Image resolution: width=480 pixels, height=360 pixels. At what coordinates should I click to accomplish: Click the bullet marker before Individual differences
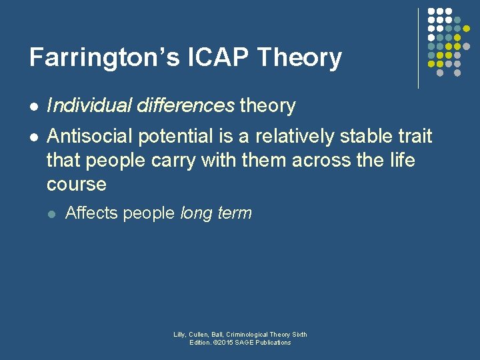[x=33, y=106]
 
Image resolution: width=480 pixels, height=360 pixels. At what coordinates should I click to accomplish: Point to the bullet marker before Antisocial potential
[x=33, y=137]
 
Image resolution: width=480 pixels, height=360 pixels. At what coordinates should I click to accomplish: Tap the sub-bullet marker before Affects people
[x=53, y=214]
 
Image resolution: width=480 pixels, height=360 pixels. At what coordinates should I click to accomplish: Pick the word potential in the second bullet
[x=175, y=137]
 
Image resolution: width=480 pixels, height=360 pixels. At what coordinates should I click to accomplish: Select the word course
[x=77, y=184]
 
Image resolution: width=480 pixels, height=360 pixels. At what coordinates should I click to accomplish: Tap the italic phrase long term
[x=216, y=213]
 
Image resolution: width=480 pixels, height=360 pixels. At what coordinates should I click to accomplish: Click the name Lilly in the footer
[x=179, y=335]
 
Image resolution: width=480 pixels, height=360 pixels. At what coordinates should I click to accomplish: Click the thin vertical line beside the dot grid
[x=419, y=48]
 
